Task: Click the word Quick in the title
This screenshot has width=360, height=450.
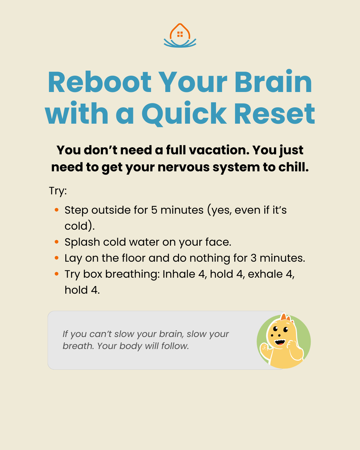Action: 184,114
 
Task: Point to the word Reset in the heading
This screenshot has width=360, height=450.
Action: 274,114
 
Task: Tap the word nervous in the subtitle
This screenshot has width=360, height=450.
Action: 183,167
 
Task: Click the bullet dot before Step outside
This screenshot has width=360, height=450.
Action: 56,210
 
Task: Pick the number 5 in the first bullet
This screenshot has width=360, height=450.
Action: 154,210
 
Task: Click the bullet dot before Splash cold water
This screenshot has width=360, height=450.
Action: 56,242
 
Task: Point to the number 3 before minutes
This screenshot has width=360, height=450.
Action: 254,258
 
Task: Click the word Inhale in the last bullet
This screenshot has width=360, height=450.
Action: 179,274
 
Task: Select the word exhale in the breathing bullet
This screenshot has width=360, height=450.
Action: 265,274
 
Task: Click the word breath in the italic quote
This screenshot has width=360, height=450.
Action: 77,346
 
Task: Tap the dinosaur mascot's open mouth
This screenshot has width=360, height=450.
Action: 280,342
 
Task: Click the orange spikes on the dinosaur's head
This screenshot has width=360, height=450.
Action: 286,317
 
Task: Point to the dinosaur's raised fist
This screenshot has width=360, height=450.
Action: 265,348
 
